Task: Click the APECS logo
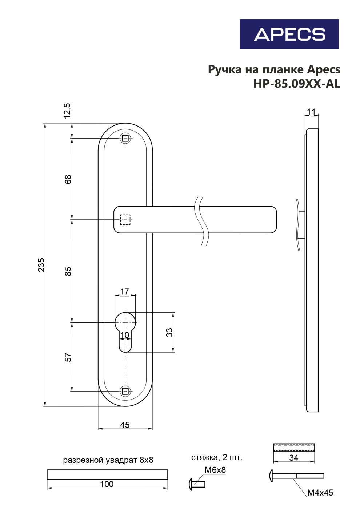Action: click(289, 34)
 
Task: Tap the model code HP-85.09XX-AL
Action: click(296, 84)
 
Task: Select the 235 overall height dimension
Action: click(41, 265)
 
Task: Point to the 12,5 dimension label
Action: click(67, 111)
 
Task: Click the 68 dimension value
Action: click(68, 179)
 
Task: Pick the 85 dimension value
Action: click(68, 271)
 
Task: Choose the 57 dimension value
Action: click(68, 357)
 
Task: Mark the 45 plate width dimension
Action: click(125, 425)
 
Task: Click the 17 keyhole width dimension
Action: click(124, 292)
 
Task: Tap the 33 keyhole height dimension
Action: click(169, 332)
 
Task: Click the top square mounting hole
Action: click(125, 138)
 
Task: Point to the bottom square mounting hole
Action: click(125, 391)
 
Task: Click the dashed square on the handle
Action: click(125, 220)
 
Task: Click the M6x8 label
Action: click(215, 470)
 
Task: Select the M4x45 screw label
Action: click(320, 493)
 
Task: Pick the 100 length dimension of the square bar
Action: click(107, 484)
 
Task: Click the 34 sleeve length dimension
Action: click(293, 458)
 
